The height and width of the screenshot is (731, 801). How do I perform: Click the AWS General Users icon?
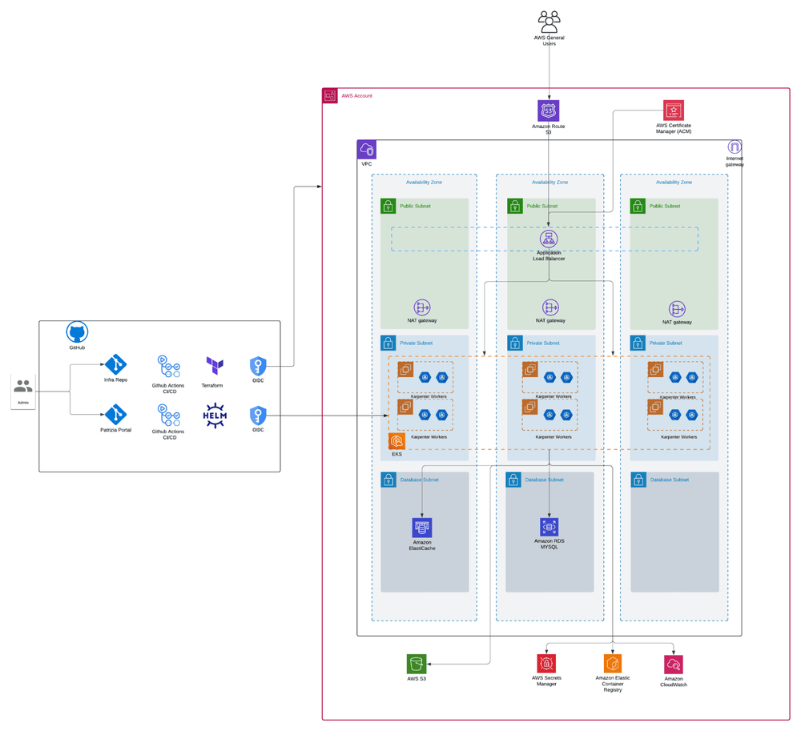[549, 22]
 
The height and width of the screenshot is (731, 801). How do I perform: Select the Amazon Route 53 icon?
[549, 110]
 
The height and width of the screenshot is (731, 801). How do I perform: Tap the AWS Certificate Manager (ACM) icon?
[674, 110]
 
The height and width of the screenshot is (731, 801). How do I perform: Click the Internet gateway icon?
[735, 147]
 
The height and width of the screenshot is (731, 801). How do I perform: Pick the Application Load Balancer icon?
[549, 239]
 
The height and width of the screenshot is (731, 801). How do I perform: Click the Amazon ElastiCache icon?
[422, 527]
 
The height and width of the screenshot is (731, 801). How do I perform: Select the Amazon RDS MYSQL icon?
[549, 526]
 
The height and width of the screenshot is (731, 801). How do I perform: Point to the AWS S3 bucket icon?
[417, 664]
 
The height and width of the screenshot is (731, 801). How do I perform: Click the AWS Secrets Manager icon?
[546, 663]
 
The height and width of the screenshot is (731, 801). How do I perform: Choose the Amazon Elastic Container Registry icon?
[613, 664]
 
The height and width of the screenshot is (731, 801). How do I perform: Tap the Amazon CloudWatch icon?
[674, 664]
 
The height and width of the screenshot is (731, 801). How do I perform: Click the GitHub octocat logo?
[77, 333]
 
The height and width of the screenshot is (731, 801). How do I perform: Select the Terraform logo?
[215, 366]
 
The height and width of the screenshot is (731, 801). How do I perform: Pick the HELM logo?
[215, 416]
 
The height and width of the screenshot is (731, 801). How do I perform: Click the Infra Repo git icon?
[116, 364]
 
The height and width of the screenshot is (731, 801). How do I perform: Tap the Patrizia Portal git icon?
[116, 415]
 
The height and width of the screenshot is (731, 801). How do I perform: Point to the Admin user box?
[23, 392]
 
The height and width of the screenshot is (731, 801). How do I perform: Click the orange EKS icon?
[396, 441]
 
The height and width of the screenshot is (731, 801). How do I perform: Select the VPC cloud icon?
[366, 150]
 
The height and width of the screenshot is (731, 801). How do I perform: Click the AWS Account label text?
[356, 96]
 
